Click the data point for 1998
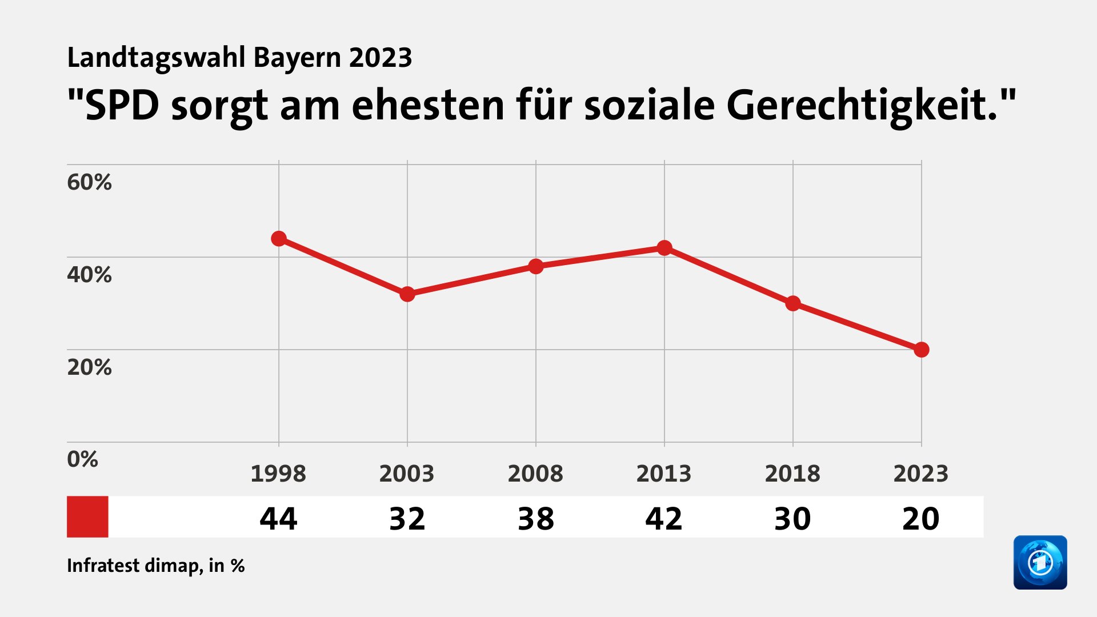pyautogui.click(x=279, y=239)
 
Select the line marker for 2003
pyautogui.click(x=407, y=294)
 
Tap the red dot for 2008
pyautogui.click(x=536, y=266)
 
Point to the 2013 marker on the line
pyautogui.click(x=664, y=248)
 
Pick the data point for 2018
pyautogui.click(x=793, y=303)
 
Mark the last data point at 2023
pyautogui.click(x=921, y=350)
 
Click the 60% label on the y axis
pyautogui.click(x=89, y=182)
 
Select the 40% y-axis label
pyautogui.click(x=89, y=275)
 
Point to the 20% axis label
pyautogui.click(x=89, y=367)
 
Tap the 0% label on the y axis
pyautogui.click(x=82, y=459)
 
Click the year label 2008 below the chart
pyautogui.click(x=535, y=474)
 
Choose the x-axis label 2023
pyautogui.click(x=920, y=474)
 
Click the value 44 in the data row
pyautogui.click(x=278, y=519)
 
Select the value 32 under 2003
pyautogui.click(x=407, y=519)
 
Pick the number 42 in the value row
pyautogui.click(x=664, y=519)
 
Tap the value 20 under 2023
pyautogui.click(x=920, y=519)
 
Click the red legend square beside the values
pyautogui.click(x=87, y=516)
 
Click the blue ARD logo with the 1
pyautogui.click(x=1040, y=562)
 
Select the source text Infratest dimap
pyautogui.click(x=134, y=566)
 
